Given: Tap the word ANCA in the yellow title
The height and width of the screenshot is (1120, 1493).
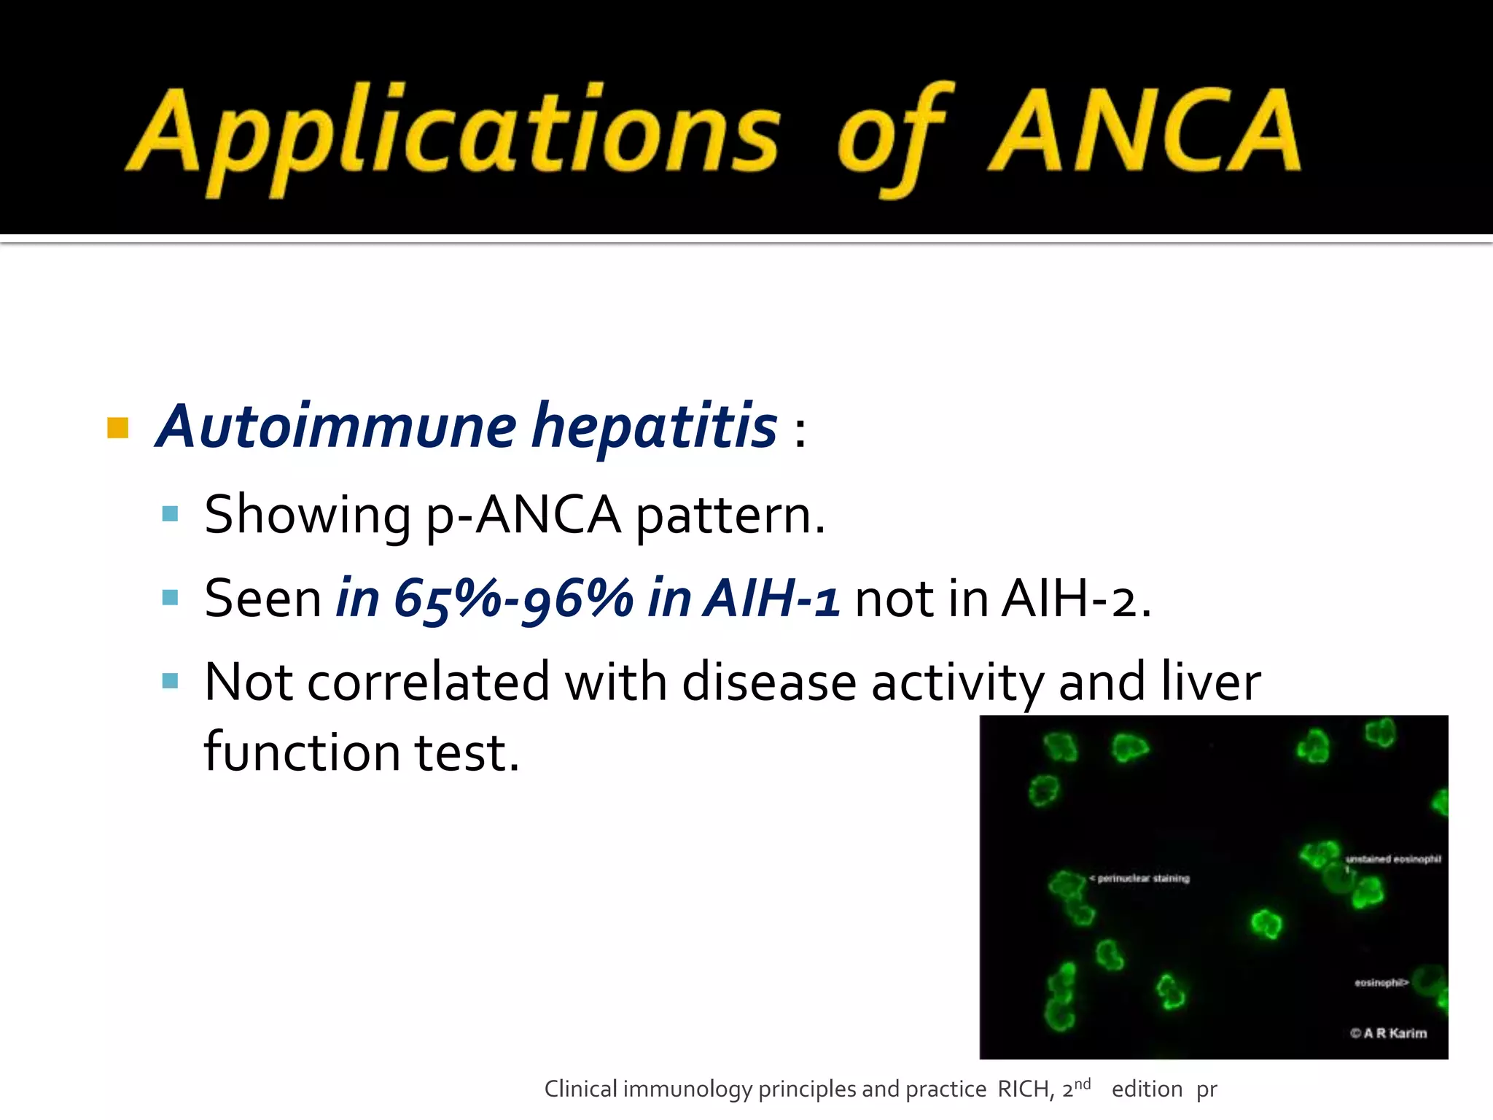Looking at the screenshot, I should point(1145,131).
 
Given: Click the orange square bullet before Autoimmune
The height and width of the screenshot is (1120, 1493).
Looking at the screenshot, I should point(117,427).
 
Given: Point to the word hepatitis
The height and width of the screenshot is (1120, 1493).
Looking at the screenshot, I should point(654,427).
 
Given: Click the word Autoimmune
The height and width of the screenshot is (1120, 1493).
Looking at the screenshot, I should point(337,427).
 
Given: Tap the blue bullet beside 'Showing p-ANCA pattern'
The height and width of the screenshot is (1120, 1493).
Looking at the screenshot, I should point(171,514).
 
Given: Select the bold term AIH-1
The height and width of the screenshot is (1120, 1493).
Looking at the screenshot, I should point(771,599).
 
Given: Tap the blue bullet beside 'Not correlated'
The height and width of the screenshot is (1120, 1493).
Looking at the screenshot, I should point(171,681).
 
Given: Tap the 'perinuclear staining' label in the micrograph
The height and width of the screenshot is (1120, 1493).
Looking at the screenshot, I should point(1142,879).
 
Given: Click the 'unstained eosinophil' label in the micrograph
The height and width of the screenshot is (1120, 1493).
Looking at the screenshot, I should point(1392,859).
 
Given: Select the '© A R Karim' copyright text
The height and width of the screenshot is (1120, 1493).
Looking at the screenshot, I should point(1388,1032).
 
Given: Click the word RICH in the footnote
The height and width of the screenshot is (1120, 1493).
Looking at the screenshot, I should point(1024,1089).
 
